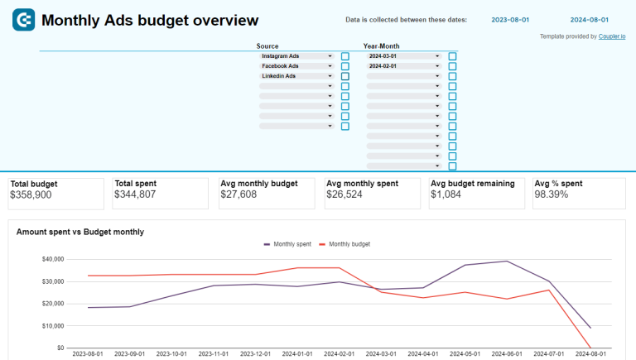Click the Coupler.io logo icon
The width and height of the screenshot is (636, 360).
[x=23, y=20]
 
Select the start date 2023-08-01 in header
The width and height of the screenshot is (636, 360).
[x=511, y=19]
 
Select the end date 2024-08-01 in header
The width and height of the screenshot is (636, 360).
[x=590, y=19]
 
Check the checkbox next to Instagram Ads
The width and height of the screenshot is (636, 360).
[x=345, y=56]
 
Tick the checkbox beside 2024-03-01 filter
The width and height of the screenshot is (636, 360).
[x=452, y=56]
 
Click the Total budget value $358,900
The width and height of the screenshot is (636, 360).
[x=31, y=194]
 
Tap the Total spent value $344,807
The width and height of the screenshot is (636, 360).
[x=136, y=194]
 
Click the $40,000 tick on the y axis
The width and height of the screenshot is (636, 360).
[x=53, y=259]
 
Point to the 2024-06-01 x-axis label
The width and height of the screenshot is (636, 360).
[x=504, y=354]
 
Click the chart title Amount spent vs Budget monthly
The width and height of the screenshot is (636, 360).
[x=80, y=232]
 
